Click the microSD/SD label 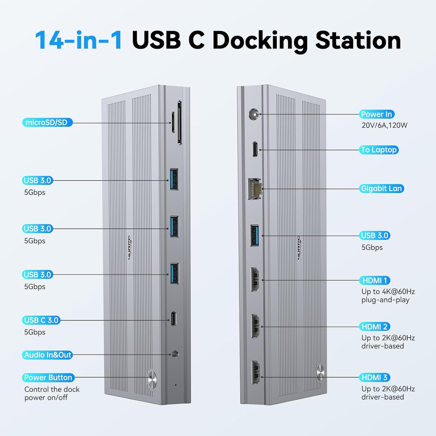pyautogui.click(x=47, y=123)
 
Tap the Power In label pyautogui.click(x=377, y=114)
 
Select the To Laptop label pyautogui.click(x=379, y=150)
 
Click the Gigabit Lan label pyautogui.click(x=381, y=189)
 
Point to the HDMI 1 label pyautogui.click(x=374, y=280)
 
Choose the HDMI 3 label pyautogui.click(x=374, y=377)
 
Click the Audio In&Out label pyautogui.click(x=48, y=355)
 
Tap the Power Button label pyautogui.click(x=48, y=377)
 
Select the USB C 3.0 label pyautogui.click(x=41, y=320)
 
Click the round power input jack pyautogui.click(x=254, y=115)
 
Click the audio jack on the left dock pyautogui.click(x=175, y=354)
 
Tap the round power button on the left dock pyautogui.click(x=152, y=379)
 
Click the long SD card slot pyautogui.click(x=180, y=123)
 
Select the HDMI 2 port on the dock pyautogui.click(x=255, y=326)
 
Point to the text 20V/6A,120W pyautogui.click(x=384, y=125)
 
